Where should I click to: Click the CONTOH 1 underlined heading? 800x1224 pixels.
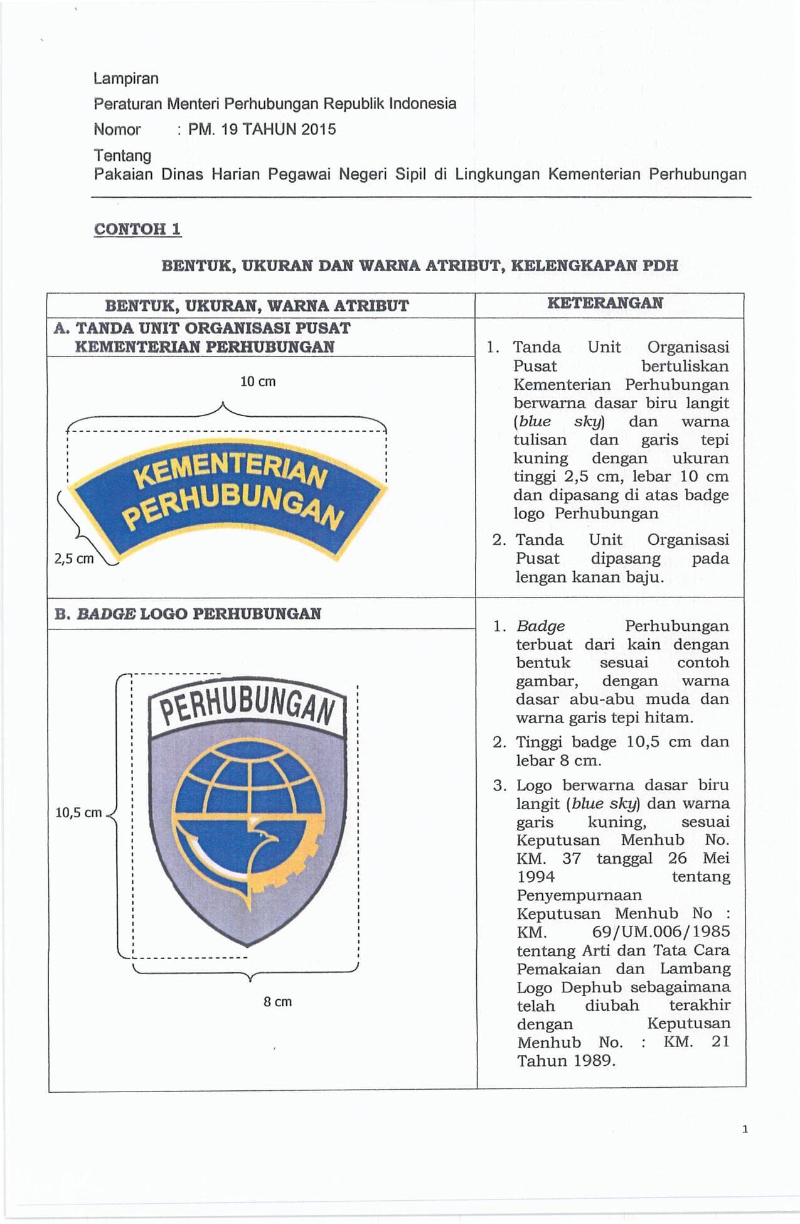point(137,229)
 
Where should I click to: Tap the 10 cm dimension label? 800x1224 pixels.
point(258,382)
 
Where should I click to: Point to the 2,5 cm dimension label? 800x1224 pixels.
point(74,559)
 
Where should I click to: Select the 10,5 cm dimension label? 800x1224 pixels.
point(78,812)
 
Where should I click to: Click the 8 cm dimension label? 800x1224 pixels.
point(277,1002)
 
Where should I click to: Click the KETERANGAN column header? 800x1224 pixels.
point(605,303)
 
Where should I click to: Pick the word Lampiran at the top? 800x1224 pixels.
point(125,78)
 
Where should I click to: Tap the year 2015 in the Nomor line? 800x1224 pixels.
point(318,129)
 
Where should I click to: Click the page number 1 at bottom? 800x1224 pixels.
point(745,1129)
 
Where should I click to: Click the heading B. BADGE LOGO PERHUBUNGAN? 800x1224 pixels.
point(188,614)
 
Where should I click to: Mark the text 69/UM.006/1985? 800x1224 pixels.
point(661,931)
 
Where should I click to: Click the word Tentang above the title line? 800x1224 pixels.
point(122,155)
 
